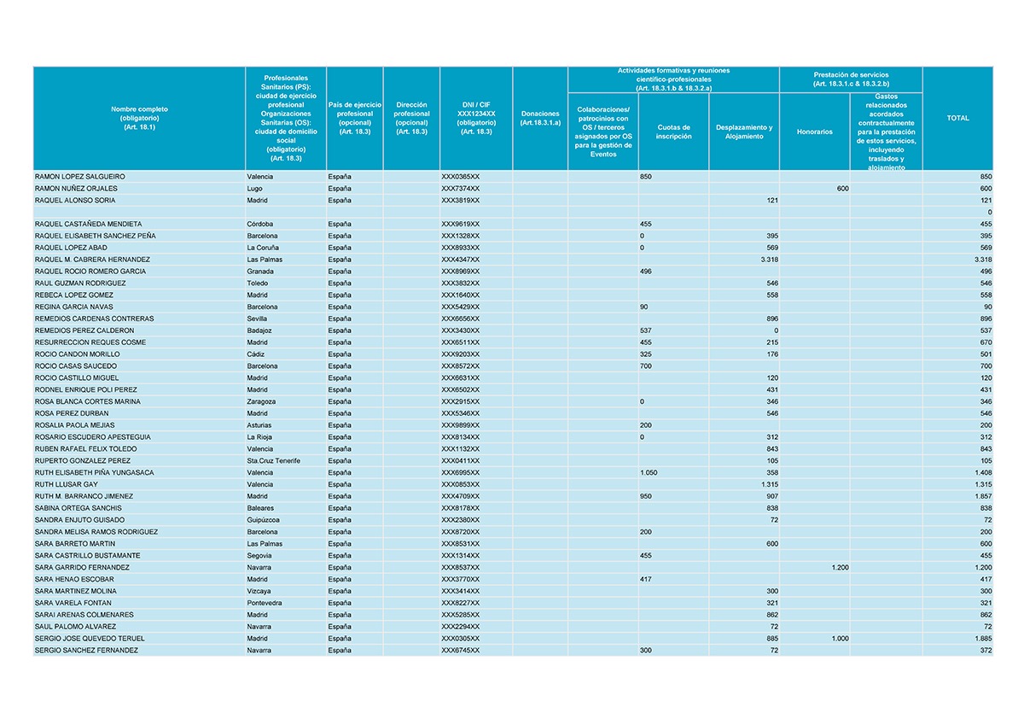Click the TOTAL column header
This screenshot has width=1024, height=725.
pyautogui.click(x=957, y=118)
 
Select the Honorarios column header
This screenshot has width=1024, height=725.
pyautogui.click(x=814, y=132)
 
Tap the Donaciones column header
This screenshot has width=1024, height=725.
pyautogui.click(x=540, y=118)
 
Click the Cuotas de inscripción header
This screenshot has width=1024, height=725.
pyautogui.click(x=673, y=132)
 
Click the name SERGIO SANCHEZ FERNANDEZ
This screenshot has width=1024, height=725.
pyautogui.click(x=86, y=651)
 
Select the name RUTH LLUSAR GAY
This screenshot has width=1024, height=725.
pyautogui.click(x=67, y=484)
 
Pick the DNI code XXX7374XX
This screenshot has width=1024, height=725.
pyautogui.click(x=460, y=189)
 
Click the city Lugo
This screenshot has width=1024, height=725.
pyautogui.click(x=254, y=189)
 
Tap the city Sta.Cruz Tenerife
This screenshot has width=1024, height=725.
pyautogui.click(x=273, y=461)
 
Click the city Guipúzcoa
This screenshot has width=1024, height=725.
pyautogui.click(x=265, y=520)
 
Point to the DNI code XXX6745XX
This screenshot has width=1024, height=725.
pyautogui.click(x=460, y=651)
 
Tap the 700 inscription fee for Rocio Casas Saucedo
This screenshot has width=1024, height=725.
pyautogui.click(x=645, y=366)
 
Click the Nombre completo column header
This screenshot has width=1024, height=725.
pyautogui.click(x=139, y=118)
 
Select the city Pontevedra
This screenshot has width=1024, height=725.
pyautogui.click(x=265, y=603)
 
